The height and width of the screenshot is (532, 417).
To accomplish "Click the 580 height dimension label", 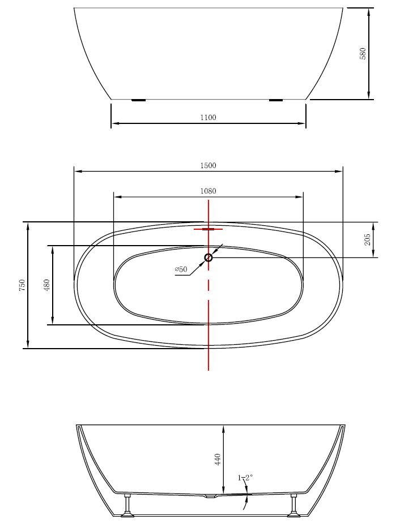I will [363, 53].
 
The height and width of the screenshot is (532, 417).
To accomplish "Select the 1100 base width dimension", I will [208, 118].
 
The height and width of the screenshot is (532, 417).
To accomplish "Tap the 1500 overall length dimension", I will [208, 166].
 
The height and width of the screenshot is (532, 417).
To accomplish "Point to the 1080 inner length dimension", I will [208, 191].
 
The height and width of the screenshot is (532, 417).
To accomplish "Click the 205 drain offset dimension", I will [367, 239].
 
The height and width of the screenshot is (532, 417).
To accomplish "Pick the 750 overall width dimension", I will [22, 285].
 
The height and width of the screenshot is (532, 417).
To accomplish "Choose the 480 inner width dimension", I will [48, 285].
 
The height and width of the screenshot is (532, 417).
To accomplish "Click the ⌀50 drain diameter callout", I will [181, 269].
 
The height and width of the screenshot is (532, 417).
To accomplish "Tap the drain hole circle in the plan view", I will [208, 258].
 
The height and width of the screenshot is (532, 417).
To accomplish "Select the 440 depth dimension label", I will [218, 459].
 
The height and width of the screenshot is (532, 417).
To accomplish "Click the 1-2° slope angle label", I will [245, 478].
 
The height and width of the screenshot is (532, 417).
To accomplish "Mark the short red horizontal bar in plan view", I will [208, 229].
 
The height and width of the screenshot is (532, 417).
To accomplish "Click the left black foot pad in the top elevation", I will [139, 100].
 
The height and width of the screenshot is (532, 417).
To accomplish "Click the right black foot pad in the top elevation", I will [276, 100].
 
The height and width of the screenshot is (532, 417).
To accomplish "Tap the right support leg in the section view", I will [293, 504].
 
